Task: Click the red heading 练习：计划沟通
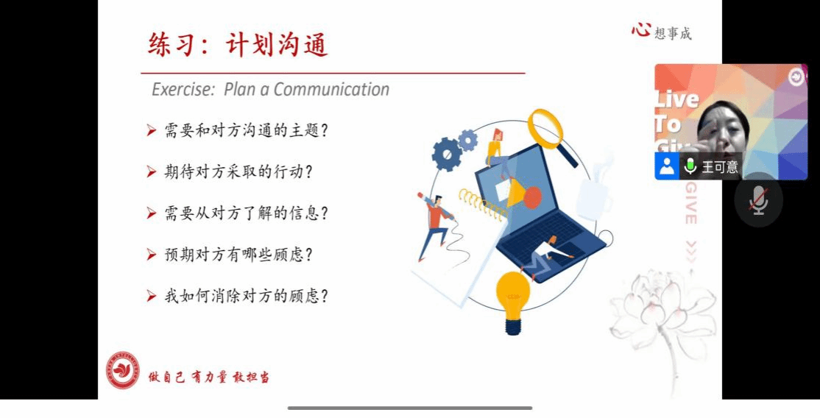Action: (x=238, y=44)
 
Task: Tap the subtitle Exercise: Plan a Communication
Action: (x=270, y=89)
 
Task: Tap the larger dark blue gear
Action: (x=447, y=155)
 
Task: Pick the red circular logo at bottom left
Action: (x=124, y=370)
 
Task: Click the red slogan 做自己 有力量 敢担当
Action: (x=208, y=378)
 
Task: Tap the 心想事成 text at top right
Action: (x=661, y=32)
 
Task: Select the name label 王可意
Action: (x=720, y=167)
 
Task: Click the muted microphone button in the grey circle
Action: (x=758, y=199)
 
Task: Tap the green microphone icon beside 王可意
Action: (x=690, y=166)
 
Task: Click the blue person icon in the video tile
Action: (x=667, y=166)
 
